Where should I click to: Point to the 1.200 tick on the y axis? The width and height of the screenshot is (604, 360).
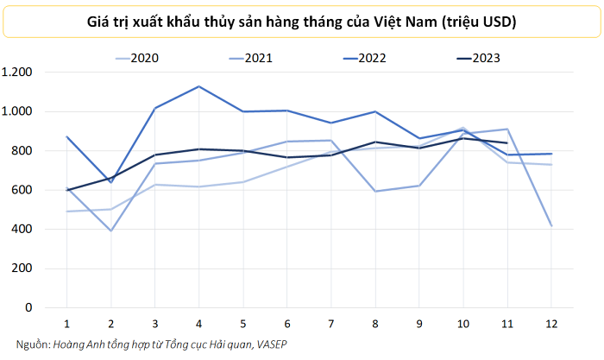click(17, 73)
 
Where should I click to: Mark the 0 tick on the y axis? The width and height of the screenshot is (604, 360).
click(29, 308)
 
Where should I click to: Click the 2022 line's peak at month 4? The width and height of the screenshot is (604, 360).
click(198, 86)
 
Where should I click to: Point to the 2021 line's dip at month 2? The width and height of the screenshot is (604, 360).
click(110, 231)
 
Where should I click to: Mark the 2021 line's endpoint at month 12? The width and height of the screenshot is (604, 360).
click(550, 225)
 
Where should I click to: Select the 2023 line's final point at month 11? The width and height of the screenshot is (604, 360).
click(506, 143)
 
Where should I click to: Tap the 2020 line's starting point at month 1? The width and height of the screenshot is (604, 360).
click(66, 212)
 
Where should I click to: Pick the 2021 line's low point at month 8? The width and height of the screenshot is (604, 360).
click(374, 191)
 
